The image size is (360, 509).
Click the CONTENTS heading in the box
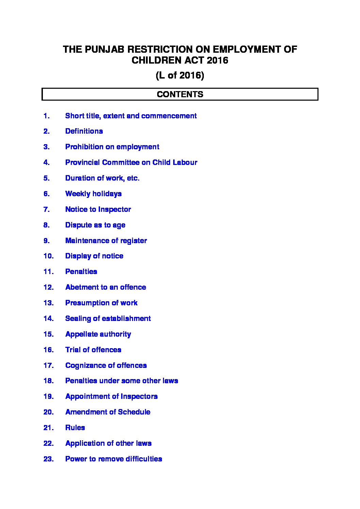[180, 94]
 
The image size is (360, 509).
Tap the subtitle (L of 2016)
[180, 75]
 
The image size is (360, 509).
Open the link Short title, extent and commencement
[131, 116]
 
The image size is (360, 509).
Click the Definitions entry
[84, 131]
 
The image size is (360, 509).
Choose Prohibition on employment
[112, 147]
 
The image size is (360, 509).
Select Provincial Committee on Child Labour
[131, 163]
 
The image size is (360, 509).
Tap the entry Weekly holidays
[93, 194]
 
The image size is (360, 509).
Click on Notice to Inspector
[98, 209]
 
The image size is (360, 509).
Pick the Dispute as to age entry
[95, 225]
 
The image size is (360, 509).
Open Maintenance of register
[106, 241]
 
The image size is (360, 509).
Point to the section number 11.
[48, 272]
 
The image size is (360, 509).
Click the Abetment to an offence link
[105, 287]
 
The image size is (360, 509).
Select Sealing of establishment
[108, 319]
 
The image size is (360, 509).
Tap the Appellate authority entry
[98, 334]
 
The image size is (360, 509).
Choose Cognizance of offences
[106, 366]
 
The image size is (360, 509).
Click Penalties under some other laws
[121, 381]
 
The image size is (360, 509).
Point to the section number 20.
[48, 412]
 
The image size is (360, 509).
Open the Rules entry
[75, 428]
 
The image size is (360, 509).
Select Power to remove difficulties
[113, 459]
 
